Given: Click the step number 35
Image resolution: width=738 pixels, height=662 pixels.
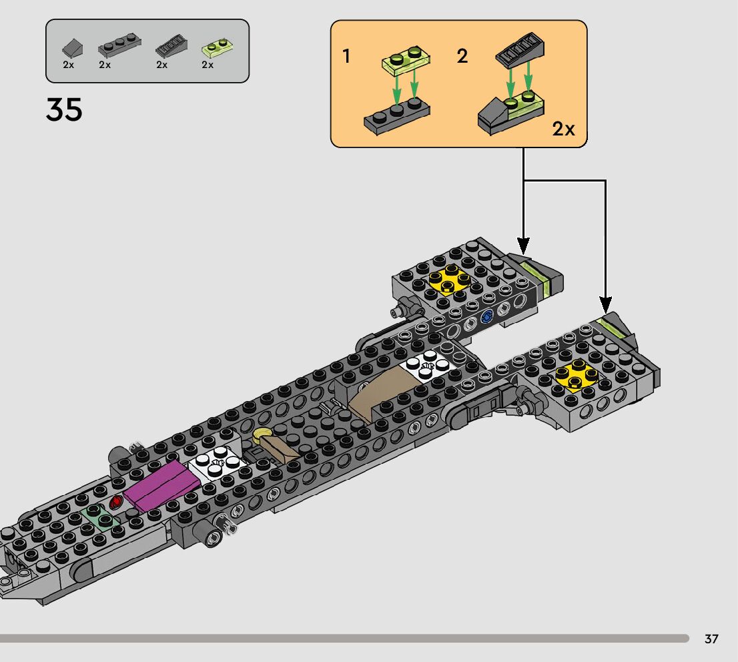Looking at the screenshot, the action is click(x=64, y=109).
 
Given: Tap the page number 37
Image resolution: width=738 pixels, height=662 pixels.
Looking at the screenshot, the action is click(x=711, y=639).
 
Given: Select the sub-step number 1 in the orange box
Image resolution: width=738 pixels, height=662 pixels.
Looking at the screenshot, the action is click(x=347, y=56).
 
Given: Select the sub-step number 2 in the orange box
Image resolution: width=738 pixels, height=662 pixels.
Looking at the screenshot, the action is click(x=462, y=56).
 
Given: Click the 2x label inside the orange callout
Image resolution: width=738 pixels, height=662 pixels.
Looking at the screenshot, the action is click(x=563, y=129).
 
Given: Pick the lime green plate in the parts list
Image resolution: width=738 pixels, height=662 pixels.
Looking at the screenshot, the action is click(x=217, y=49).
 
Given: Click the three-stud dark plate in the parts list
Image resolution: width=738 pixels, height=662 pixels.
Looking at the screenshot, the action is click(x=119, y=45).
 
